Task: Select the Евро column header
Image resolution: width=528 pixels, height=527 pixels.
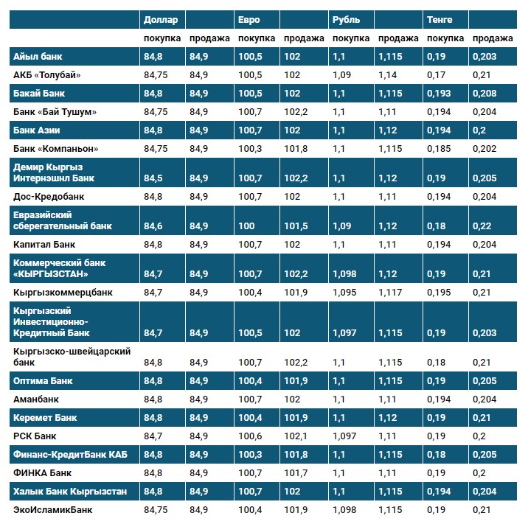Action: click(x=249, y=19)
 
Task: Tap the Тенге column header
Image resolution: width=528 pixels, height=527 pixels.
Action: click(x=440, y=19)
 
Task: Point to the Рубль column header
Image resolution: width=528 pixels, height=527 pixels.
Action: click(x=347, y=19)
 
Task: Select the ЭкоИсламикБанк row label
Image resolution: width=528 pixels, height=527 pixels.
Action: click(x=53, y=509)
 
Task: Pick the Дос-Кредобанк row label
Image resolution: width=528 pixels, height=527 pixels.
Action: click(x=49, y=197)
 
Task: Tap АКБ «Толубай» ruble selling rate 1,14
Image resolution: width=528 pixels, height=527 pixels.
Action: click(x=387, y=75)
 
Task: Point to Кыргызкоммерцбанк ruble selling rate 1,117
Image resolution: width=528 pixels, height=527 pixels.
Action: click(x=390, y=293)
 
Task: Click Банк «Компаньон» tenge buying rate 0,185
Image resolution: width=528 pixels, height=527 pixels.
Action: click(x=440, y=149)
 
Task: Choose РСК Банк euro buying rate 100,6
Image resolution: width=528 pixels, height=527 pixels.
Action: click(x=251, y=436)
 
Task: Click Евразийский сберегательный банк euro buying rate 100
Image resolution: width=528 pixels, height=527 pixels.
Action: click(x=247, y=226)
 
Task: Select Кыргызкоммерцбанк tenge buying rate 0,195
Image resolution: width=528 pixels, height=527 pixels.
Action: click(x=440, y=293)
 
